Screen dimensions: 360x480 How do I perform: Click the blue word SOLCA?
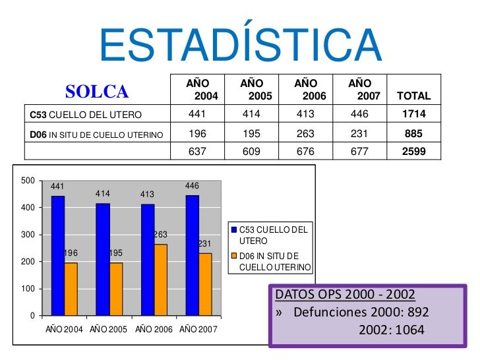click(97, 91)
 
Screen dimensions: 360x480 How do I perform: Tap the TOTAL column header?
click(413, 96)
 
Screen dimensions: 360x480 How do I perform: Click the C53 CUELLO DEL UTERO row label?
click(86, 115)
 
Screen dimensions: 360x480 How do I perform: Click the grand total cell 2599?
click(413, 152)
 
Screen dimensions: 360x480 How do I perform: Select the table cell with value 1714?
click(413, 114)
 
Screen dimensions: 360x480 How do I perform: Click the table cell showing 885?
click(413, 133)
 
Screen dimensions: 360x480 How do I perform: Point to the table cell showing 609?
click(251, 152)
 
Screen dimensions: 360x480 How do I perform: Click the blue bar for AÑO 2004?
click(58, 255)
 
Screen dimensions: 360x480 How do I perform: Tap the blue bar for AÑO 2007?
click(193, 255)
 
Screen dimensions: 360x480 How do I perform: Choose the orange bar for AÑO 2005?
click(116, 289)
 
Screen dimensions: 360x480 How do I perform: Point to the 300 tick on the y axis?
click(28, 235)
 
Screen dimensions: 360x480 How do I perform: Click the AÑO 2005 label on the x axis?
click(109, 329)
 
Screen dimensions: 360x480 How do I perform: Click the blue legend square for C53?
click(233, 229)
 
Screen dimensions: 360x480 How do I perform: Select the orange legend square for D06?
click(233, 256)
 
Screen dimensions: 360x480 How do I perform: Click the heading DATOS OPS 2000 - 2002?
click(345, 294)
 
